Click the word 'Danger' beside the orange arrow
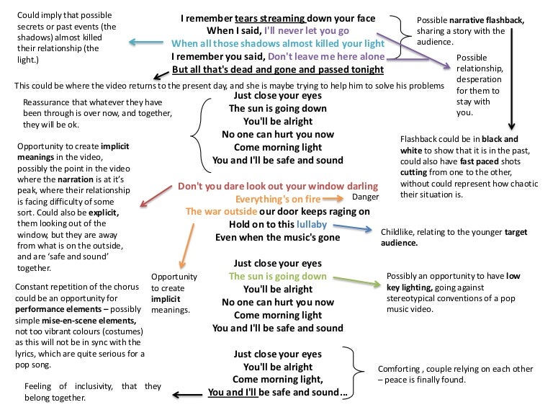tap(365, 197)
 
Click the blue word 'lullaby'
tap(312, 225)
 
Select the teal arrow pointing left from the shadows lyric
tap(145, 43)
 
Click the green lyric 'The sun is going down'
tap(278, 277)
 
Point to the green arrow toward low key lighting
tap(357, 281)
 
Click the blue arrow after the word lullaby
tap(352, 228)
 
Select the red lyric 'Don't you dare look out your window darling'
tap(278, 187)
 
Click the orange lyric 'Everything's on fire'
tap(278, 200)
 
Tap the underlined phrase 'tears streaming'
tap(270, 18)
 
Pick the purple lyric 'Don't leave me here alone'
tap(326, 56)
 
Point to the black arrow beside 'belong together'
tap(187, 395)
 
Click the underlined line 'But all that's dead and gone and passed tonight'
tap(278, 69)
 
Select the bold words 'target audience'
tap(454, 238)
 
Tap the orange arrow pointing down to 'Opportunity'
tap(187, 246)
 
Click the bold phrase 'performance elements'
tap(58, 310)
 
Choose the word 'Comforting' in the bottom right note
tap(399, 369)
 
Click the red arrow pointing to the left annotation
tap(156, 196)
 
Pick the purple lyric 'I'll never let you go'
tap(307, 31)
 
